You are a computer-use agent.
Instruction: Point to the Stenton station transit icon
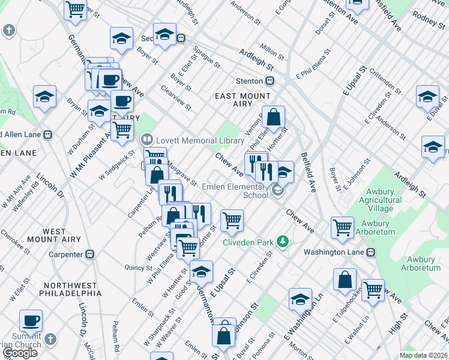(271, 80)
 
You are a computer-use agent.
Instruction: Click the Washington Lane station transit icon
(372, 252)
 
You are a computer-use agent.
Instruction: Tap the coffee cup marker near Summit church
(31, 321)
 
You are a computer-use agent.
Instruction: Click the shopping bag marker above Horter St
(273, 118)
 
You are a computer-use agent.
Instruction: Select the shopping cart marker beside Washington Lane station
(342, 227)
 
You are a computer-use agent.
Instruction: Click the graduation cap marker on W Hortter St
(202, 271)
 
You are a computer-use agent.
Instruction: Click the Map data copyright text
(423, 355)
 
